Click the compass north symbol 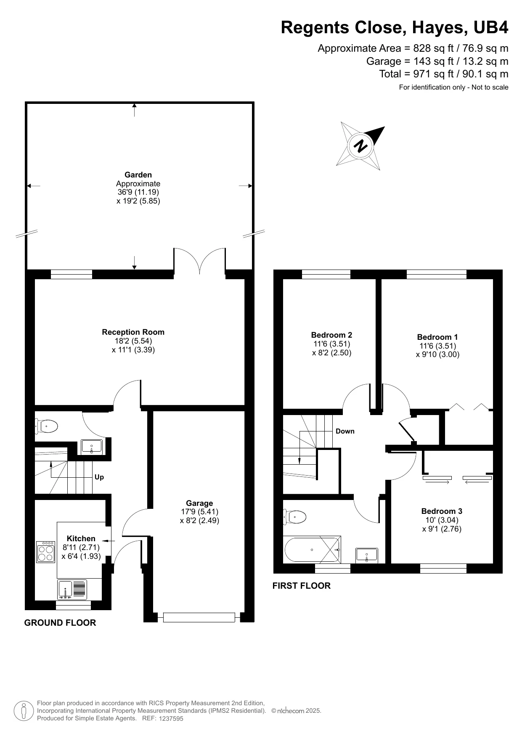click(x=360, y=146)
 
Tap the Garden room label click(x=138, y=175)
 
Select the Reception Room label click(x=133, y=332)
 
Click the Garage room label click(x=199, y=503)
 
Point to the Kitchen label click(x=81, y=539)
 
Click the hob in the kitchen click(x=45, y=552)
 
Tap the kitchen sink click(x=72, y=589)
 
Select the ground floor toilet click(x=46, y=427)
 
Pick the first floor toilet click(x=295, y=517)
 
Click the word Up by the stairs click(x=99, y=477)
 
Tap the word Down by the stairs click(x=345, y=431)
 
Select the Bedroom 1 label click(x=437, y=337)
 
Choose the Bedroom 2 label click(x=331, y=335)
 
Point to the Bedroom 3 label click(x=442, y=511)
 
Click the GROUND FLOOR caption click(x=60, y=623)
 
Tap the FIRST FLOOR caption click(x=302, y=586)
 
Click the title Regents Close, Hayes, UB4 click(x=395, y=28)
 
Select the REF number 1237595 click(x=171, y=719)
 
